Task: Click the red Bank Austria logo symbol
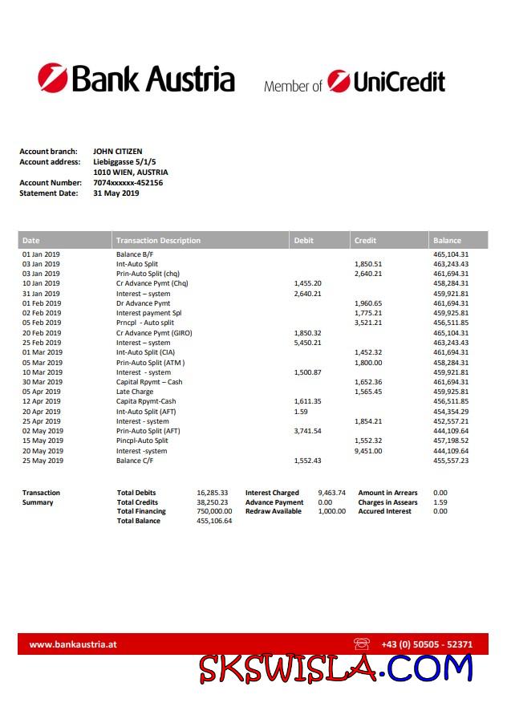(x=53, y=79)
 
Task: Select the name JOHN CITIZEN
(x=117, y=151)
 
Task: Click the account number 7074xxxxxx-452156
(x=128, y=183)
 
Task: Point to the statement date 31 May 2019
(x=116, y=193)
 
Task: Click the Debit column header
(x=304, y=240)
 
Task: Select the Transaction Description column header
(x=158, y=240)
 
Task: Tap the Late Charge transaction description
(x=135, y=392)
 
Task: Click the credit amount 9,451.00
(x=368, y=451)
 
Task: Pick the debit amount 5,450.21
(x=308, y=343)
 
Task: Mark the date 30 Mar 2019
(x=41, y=382)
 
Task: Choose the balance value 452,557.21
(x=451, y=421)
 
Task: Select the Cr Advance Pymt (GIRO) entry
(x=154, y=333)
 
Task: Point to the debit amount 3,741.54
(x=308, y=431)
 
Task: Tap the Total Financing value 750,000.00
(x=214, y=511)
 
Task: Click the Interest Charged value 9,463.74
(x=332, y=493)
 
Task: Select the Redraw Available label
(x=274, y=511)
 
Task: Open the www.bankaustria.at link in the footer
(x=74, y=644)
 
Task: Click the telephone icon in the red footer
(x=361, y=644)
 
